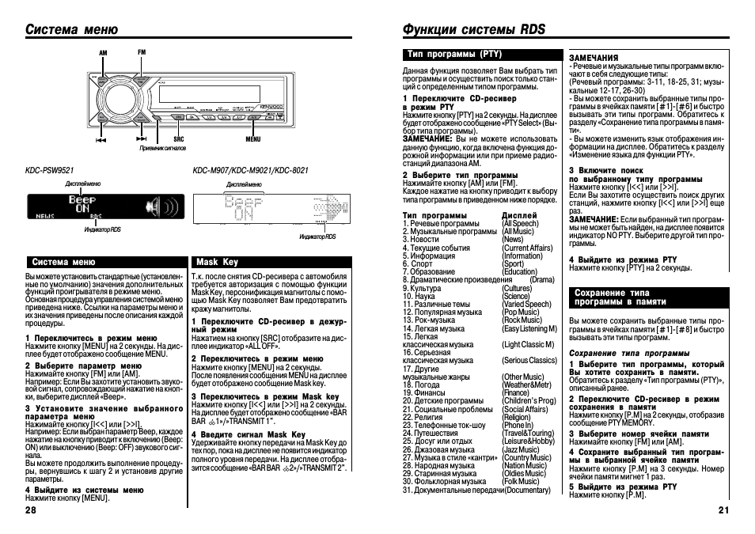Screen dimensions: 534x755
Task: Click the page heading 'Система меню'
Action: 72,29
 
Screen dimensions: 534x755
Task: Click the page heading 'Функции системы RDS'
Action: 474,29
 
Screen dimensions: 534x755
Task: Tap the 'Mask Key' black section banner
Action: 217,262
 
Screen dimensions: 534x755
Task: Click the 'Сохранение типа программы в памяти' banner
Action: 621,297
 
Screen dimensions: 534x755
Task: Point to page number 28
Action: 31,510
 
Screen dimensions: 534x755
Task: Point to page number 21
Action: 723,510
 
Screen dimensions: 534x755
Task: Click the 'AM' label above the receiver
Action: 102,51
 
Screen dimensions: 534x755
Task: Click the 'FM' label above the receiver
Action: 142,51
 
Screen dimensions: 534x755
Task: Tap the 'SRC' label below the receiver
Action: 179,139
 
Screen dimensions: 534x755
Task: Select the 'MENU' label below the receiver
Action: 252,139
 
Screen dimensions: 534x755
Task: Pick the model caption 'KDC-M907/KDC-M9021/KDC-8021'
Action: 251,170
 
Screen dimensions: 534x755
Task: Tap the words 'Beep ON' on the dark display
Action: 82,205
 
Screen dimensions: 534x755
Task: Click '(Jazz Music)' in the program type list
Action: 521,450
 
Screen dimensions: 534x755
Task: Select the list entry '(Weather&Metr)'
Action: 527,385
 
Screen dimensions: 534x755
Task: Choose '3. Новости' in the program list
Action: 420,239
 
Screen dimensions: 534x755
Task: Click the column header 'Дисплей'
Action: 519,215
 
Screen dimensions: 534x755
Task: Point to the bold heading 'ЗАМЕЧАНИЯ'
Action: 594,58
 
